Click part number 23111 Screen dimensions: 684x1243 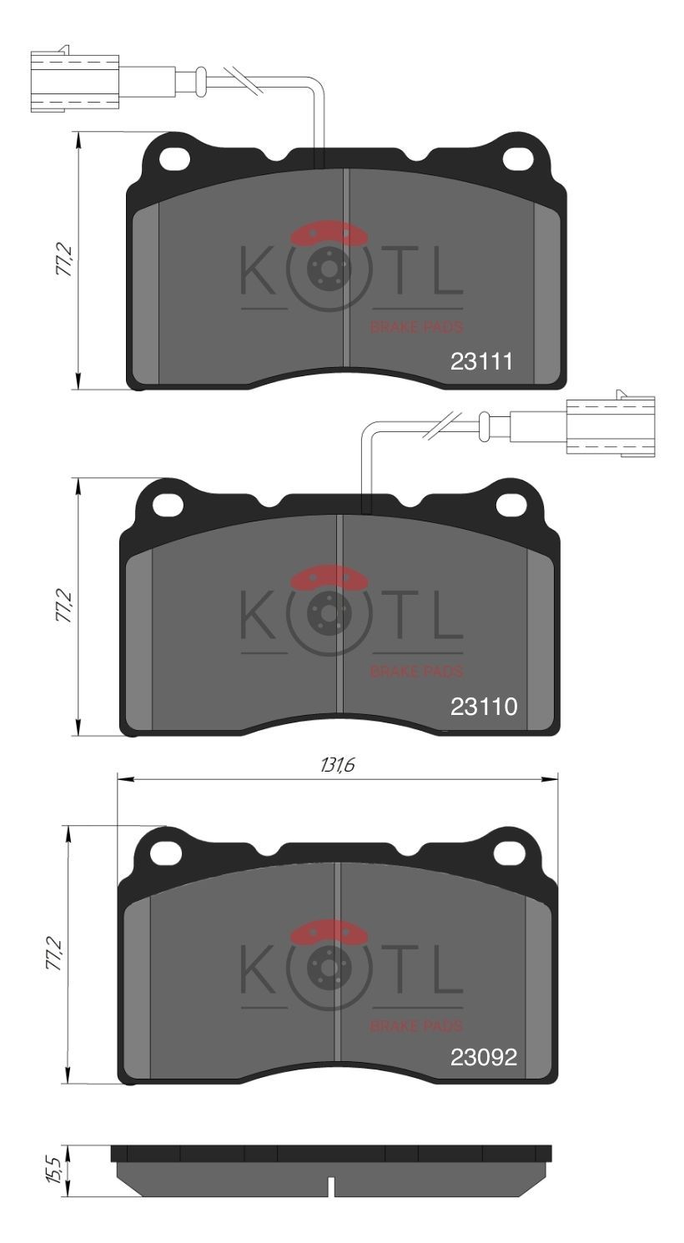[x=481, y=361]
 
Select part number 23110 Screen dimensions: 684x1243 [x=484, y=707]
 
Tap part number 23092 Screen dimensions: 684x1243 [x=484, y=1057]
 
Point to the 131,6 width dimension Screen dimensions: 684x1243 [x=337, y=765]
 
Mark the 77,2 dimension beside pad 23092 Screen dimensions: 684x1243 [x=54, y=954]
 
